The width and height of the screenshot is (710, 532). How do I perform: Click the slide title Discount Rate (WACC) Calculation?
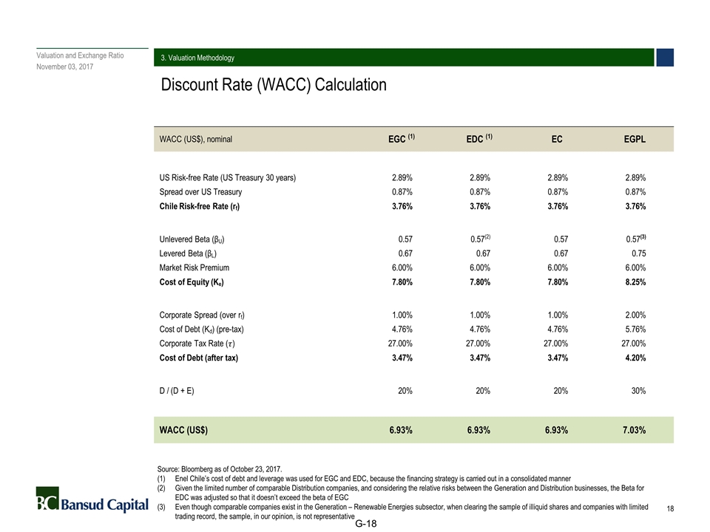click(274, 85)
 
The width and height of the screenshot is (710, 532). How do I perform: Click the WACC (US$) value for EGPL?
click(632, 429)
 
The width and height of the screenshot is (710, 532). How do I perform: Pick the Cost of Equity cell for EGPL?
click(634, 282)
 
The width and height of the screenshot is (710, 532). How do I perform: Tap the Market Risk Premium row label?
click(195, 267)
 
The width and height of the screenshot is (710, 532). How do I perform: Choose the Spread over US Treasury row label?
click(200, 192)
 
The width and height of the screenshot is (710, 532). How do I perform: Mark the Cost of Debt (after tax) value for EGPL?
click(634, 358)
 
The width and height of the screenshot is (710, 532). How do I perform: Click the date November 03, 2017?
click(65, 67)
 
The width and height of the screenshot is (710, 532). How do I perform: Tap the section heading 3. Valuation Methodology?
click(198, 58)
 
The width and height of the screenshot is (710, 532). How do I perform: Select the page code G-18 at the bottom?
click(366, 524)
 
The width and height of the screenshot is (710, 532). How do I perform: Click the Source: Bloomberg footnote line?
click(220, 468)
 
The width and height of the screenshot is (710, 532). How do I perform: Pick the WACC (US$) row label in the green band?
click(183, 429)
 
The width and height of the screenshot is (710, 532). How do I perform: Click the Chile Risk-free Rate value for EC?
click(555, 207)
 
